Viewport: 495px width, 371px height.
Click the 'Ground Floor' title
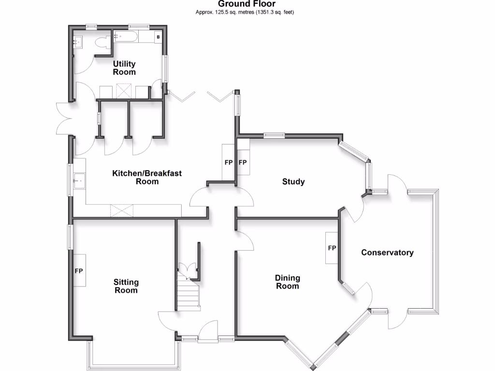247,4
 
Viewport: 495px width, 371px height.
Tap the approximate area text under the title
247,12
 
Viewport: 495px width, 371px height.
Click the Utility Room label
124,68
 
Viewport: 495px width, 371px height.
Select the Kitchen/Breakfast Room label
147,177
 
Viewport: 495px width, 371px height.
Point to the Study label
293,182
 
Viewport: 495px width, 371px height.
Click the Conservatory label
387,252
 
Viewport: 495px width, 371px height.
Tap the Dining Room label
287,282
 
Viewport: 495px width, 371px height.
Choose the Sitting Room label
126,286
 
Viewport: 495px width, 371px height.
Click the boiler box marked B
158,37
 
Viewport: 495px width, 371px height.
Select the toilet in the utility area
102,43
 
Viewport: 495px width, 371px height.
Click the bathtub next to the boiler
126,36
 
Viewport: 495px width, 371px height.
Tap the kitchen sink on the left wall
79,182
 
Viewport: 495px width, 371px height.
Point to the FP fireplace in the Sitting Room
79,271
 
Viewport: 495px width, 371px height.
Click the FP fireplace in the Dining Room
332,248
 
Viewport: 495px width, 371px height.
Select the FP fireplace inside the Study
243,162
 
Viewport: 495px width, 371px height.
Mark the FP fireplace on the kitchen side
229,162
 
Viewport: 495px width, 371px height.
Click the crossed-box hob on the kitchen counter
121,211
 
